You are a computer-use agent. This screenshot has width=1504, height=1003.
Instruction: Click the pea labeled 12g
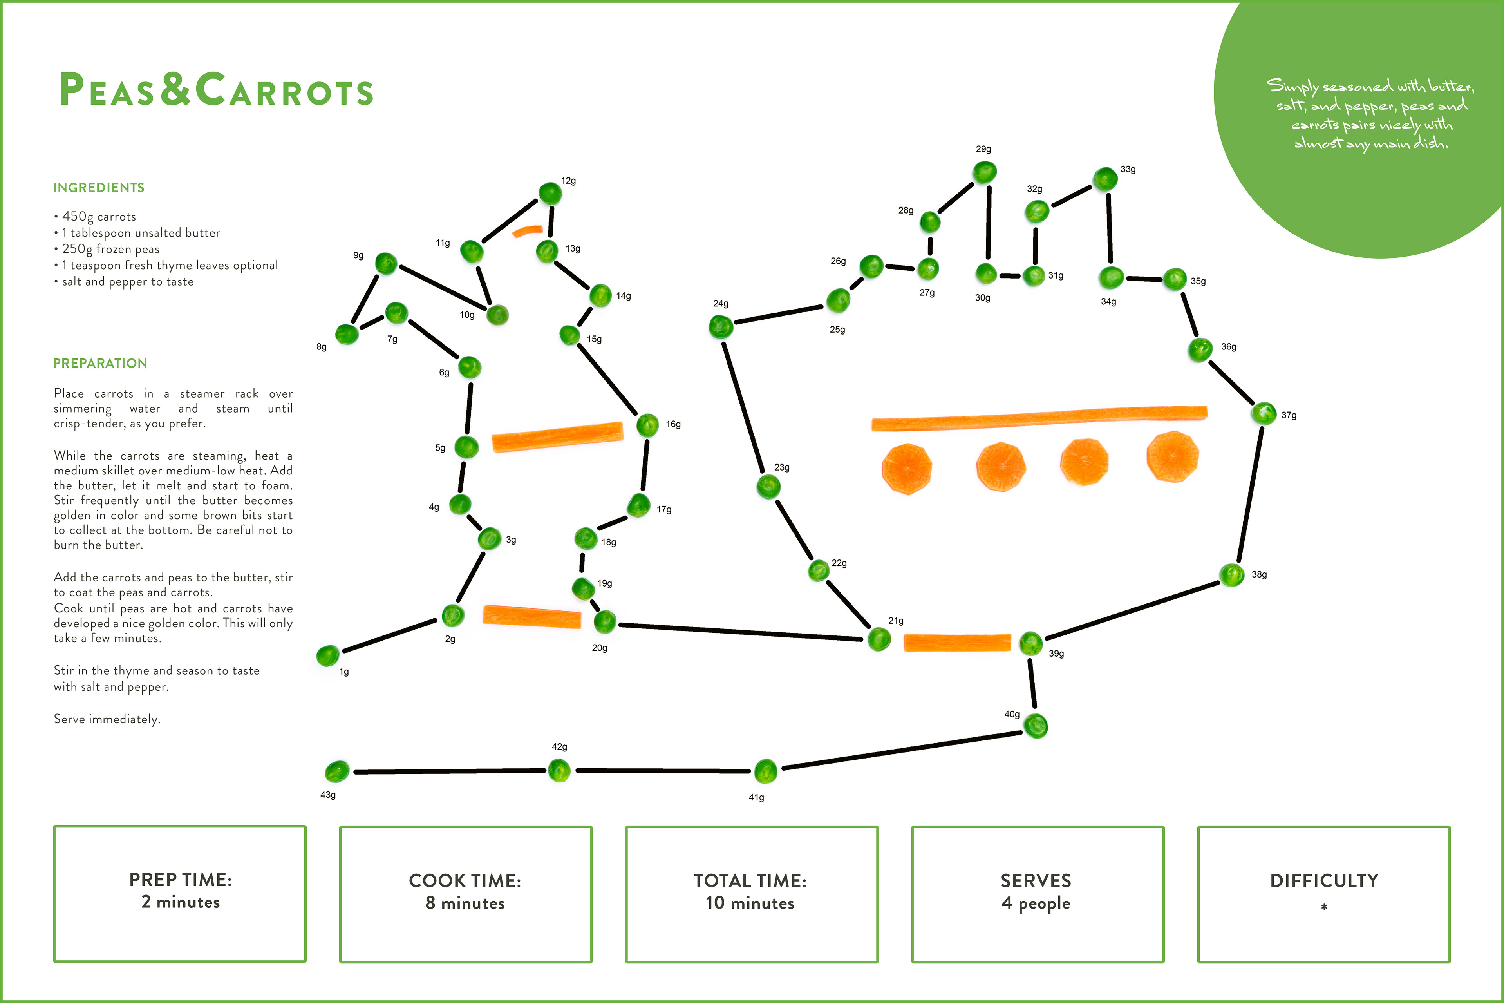coord(550,193)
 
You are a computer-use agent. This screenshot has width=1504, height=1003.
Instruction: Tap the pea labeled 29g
coord(985,172)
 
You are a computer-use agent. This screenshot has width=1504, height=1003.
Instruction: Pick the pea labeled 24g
coord(721,327)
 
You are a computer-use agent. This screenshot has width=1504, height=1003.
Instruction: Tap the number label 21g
coord(896,621)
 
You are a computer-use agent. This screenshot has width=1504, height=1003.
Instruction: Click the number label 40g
coord(1012,714)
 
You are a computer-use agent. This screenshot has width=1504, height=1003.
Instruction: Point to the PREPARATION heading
coord(100,363)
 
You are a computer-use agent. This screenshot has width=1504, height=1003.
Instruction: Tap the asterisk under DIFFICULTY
coord(1324,906)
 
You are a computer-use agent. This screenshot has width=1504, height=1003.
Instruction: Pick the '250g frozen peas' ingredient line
coord(110,249)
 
